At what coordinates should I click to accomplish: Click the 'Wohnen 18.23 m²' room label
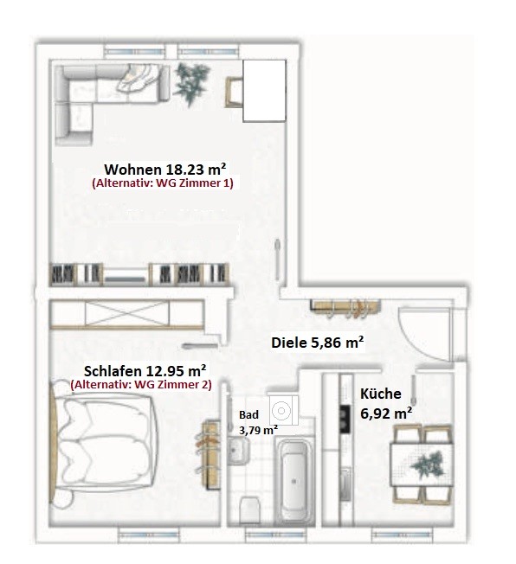(165, 169)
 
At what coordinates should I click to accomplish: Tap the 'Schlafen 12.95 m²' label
(145, 370)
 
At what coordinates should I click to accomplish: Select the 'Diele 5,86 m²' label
(317, 343)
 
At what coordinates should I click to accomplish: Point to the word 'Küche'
(381, 394)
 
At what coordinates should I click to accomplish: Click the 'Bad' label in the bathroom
(248, 414)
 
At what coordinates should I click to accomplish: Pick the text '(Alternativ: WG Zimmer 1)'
(163, 183)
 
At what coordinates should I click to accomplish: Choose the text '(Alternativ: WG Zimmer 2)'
(141, 385)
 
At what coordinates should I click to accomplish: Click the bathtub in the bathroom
(293, 481)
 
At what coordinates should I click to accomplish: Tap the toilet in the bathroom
(249, 510)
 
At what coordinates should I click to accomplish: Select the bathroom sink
(238, 451)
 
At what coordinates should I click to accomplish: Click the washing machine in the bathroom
(283, 410)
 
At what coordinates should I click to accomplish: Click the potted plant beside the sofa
(191, 83)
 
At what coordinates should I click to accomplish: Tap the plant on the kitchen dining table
(428, 465)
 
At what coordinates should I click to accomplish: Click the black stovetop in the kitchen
(345, 419)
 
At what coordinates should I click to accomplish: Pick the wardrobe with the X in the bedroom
(126, 314)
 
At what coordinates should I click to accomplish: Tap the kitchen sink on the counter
(345, 484)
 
